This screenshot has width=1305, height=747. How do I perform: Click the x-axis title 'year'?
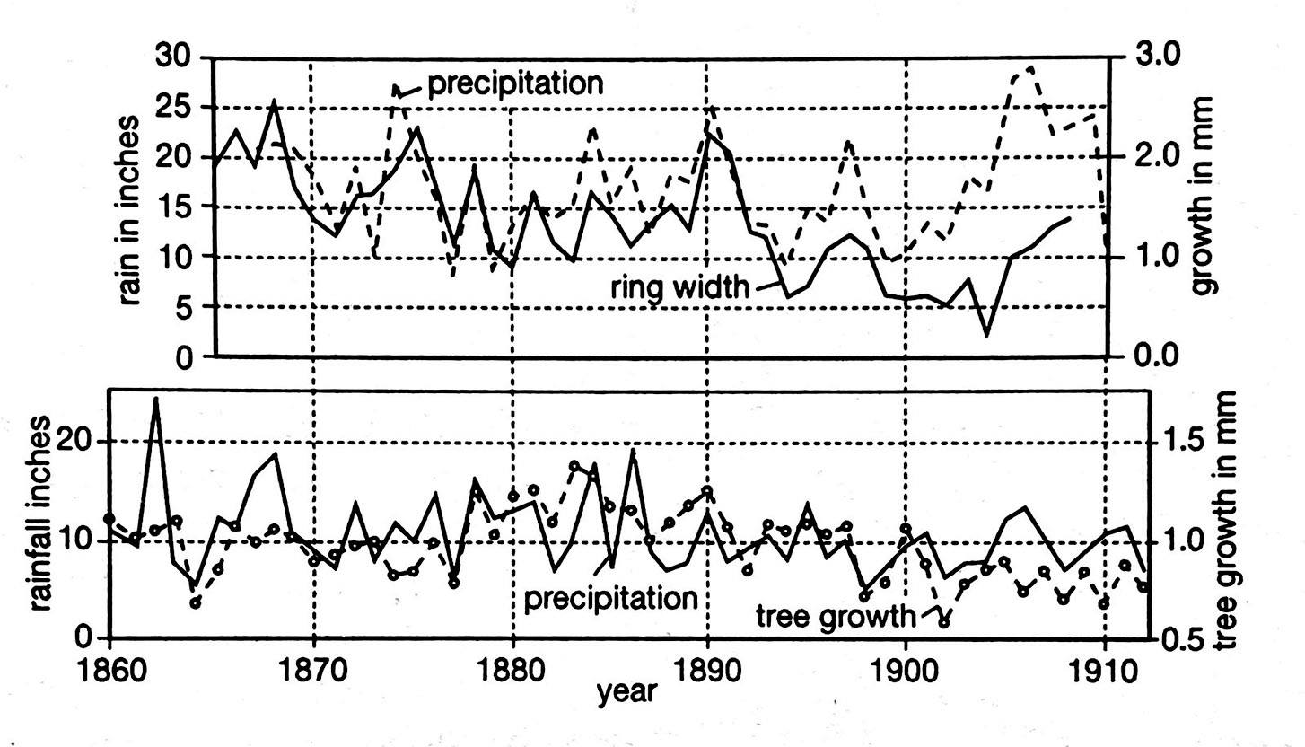click(627, 692)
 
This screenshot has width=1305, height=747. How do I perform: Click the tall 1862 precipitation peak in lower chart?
click(156, 399)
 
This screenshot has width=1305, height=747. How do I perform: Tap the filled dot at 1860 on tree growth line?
click(109, 519)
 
